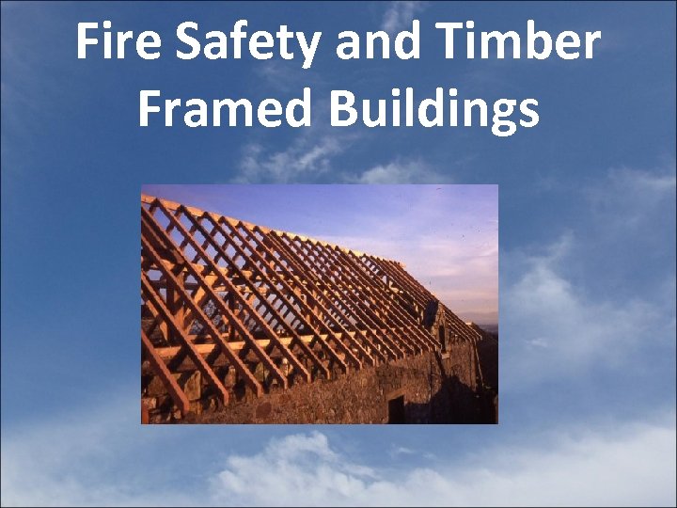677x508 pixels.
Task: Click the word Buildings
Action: click(434, 109)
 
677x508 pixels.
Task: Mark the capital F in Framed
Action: click(150, 109)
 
